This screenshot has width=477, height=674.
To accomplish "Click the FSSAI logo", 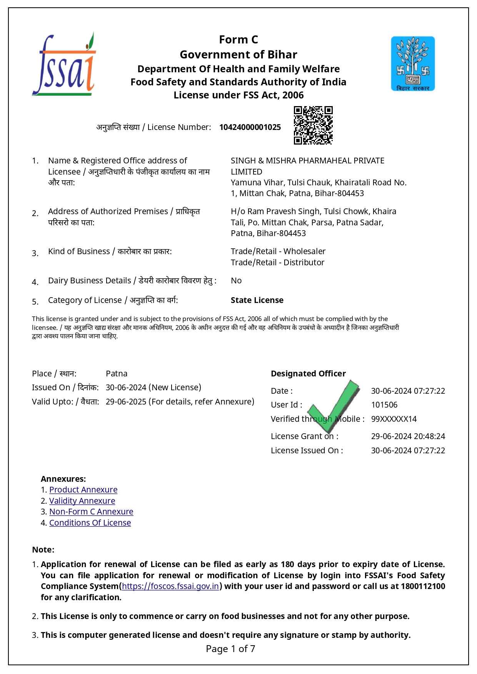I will tap(64, 65).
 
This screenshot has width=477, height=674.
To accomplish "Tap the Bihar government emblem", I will tap(413, 64).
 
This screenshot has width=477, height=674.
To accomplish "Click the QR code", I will tap(313, 125).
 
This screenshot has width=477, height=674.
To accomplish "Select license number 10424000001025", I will tap(250, 127).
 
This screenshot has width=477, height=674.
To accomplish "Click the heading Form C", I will tap(239, 40).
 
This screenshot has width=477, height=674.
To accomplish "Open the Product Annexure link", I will tap(83, 490).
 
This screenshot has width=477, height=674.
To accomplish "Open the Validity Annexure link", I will tap(82, 501).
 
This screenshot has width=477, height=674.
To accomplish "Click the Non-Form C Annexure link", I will tap(91, 512).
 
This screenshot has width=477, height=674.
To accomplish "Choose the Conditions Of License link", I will tap(90, 523).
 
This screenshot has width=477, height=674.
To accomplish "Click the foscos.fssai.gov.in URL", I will tap(170, 586).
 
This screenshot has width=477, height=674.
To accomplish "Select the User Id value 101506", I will tap(384, 405).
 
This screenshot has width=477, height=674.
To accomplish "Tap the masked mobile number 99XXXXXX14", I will tap(394, 419).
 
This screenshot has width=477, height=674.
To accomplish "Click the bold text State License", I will tap(257, 300).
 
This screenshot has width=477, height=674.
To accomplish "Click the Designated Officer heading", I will tap(308, 374).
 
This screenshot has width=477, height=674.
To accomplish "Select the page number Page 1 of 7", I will tap(230, 649).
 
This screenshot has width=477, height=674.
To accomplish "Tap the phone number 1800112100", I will tap(423, 586).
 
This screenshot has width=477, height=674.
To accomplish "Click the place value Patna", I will tap(117, 374).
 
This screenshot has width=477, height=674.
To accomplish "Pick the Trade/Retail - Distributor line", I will tap(277, 263).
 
